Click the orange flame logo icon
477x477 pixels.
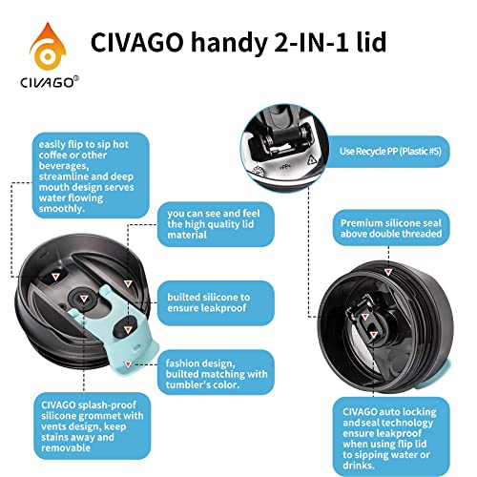point(37,40)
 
